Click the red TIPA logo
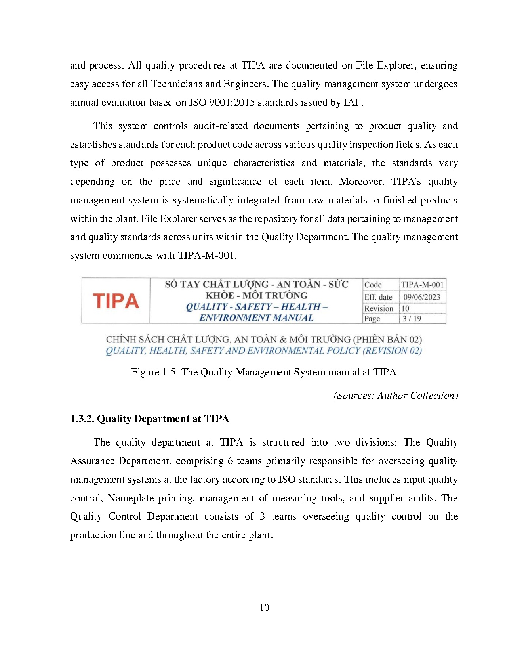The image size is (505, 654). [x=116, y=301]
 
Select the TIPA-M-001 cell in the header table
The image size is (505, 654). [x=422, y=285]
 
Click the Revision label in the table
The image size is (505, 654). [x=379, y=308]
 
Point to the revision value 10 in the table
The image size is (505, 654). [x=405, y=308]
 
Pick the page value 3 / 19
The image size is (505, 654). [x=412, y=319]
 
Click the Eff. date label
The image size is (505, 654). [x=378, y=297]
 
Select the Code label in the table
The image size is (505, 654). [x=373, y=285]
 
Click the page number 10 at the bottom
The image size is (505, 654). [x=264, y=608]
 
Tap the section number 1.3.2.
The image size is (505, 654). [x=82, y=419]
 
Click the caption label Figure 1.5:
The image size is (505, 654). [x=155, y=372]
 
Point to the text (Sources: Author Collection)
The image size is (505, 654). [x=396, y=396]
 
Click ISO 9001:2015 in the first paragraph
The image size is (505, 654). [x=222, y=103]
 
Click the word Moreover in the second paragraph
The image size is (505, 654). [x=361, y=182]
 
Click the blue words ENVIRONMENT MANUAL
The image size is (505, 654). [x=256, y=318]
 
